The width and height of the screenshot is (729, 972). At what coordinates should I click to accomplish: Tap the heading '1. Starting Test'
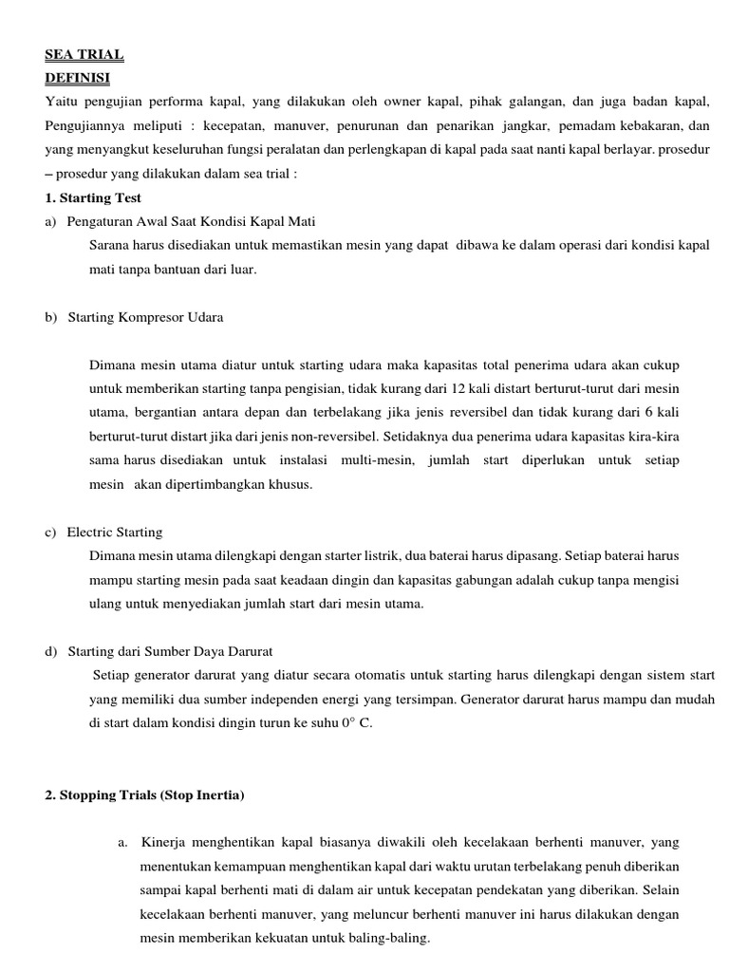point(93,197)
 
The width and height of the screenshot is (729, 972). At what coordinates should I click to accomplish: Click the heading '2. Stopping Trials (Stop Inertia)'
point(144,795)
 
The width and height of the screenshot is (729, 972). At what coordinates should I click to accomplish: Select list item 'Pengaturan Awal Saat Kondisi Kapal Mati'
point(191,221)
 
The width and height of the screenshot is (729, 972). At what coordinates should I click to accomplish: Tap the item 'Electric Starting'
point(115,532)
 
